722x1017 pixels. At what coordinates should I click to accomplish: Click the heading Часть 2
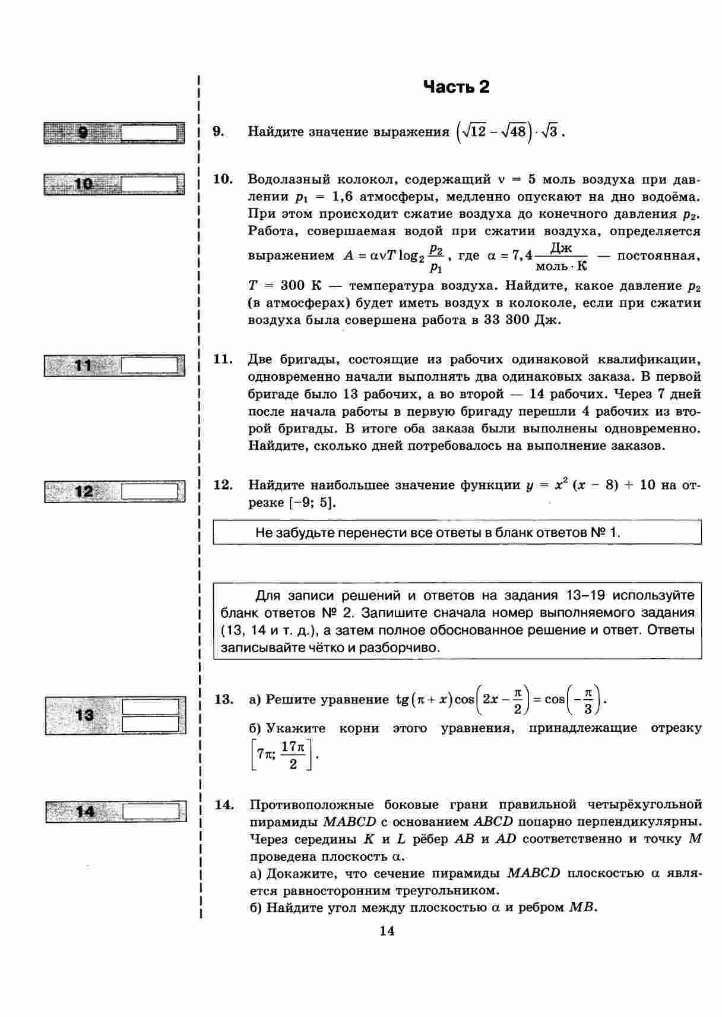[x=456, y=87]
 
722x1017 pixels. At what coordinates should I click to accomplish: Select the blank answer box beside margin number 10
[x=149, y=184]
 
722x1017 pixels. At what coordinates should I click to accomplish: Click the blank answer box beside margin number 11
[x=149, y=365]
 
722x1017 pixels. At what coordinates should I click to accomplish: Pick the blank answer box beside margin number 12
[x=150, y=492]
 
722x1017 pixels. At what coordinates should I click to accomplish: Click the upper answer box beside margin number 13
[x=150, y=707]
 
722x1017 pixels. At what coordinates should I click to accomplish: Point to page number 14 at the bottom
[x=387, y=931]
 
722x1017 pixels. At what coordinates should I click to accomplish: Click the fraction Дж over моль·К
[x=560, y=256]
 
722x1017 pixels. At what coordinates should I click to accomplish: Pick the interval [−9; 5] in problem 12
[x=312, y=503]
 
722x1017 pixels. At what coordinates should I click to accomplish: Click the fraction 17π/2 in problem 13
[x=293, y=755]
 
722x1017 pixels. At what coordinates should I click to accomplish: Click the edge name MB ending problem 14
[x=581, y=908]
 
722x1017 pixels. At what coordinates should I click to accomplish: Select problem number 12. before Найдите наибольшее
[x=223, y=485]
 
